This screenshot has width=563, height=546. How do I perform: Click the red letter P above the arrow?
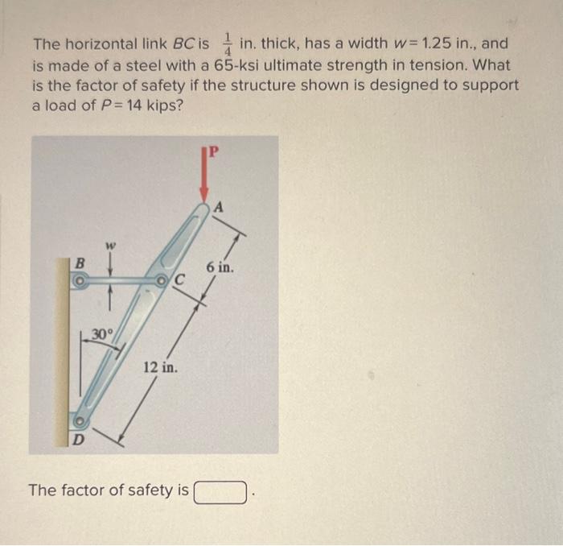[213, 151]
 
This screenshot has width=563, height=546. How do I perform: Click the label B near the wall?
[80, 262]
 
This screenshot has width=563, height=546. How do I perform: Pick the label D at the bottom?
[79, 439]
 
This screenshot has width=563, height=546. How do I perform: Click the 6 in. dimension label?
[219, 267]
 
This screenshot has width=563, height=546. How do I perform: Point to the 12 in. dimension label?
[160, 367]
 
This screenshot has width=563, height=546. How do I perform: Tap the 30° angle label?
[101, 333]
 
